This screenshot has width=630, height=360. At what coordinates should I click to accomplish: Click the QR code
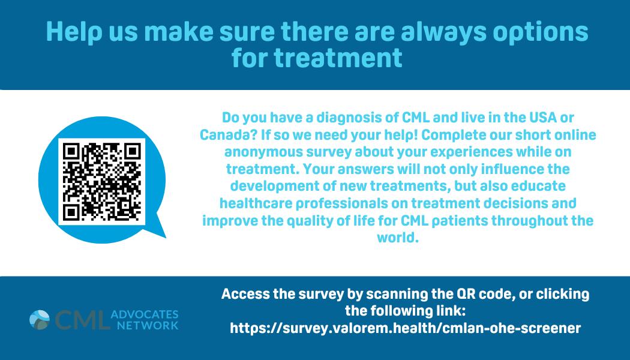(101, 182)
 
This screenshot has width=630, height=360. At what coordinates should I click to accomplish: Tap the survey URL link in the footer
(406, 328)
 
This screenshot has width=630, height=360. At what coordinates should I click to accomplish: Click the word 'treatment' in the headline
(338, 58)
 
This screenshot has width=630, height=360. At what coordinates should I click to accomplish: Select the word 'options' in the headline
(541, 32)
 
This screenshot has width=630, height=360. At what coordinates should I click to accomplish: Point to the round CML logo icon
(40, 320)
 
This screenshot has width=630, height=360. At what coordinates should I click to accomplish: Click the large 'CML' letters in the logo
(82, 320)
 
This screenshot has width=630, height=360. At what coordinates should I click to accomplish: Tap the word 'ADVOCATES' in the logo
(145, 314)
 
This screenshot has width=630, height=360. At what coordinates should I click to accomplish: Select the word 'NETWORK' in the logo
(148, 325)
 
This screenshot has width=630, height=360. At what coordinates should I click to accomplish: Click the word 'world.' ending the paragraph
(398, 238)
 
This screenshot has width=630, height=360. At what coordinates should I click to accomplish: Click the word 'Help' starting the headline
(74, 32)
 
